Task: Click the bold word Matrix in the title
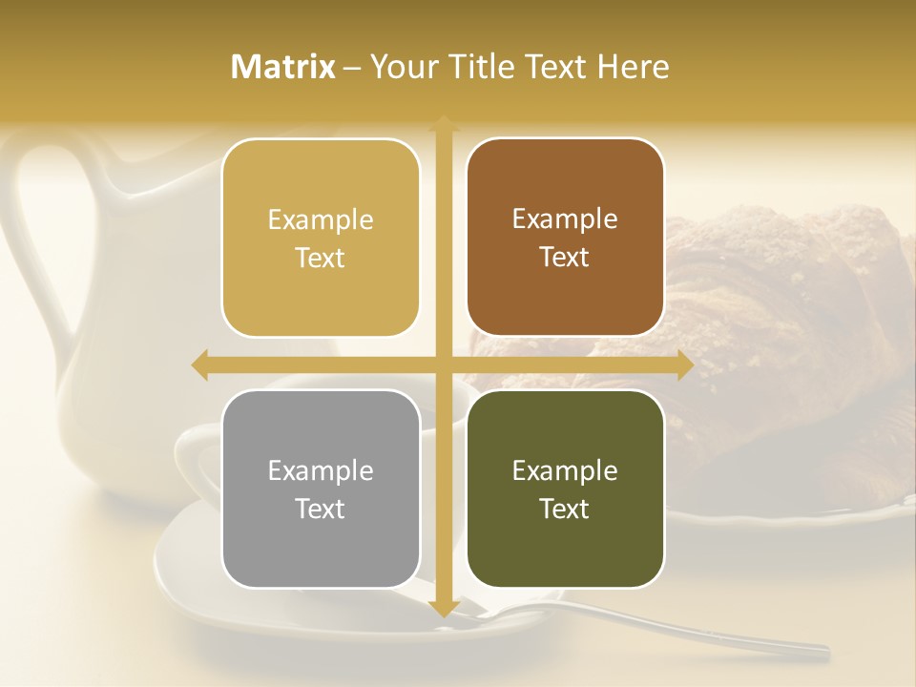click(283, 67)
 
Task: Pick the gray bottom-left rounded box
click(321, 553)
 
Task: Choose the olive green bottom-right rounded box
click(565, 553)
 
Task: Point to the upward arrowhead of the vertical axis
click(443, 124)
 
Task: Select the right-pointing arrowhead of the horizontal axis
click(684, 365)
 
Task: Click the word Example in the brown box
click(565, 219)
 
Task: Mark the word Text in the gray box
click(321, 509)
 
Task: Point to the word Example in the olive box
click(565, 470)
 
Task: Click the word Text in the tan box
click(321, 258)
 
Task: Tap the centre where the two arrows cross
click(443, 365)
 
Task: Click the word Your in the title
click(402, 67)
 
